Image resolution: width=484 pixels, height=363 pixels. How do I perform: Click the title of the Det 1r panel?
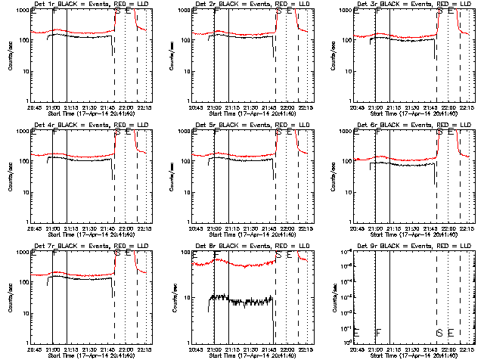tap(85, 4)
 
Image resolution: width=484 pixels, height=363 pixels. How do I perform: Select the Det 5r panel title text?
tap(247, 124)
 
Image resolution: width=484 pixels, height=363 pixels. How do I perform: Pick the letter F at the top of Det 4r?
tap(54, 132)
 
